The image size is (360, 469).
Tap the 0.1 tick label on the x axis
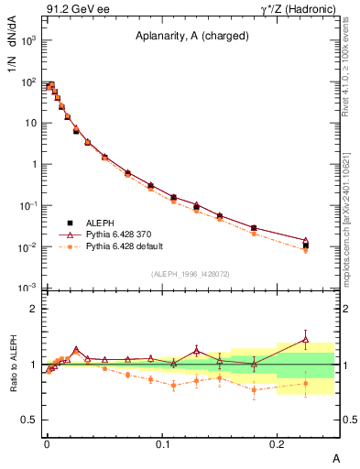click(163, 444)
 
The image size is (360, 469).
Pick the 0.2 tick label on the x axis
click(278, 444)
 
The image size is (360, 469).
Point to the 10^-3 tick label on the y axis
click(27, 289)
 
